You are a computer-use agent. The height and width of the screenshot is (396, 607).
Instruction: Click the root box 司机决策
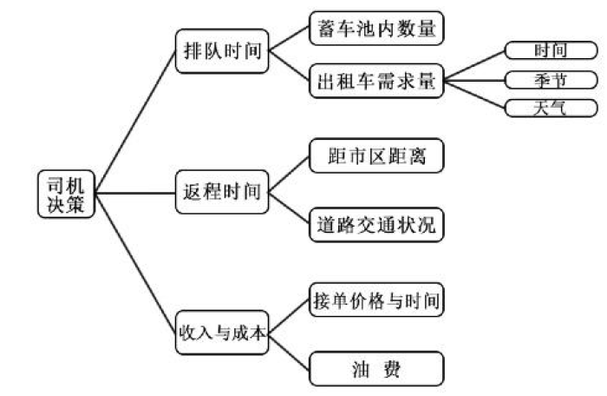pyautogui.click(x=66, y=194)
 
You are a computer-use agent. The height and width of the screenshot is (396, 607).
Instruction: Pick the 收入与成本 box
pyautogui.click(x=221, y=332)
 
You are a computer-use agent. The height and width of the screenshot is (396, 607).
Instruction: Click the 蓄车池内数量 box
pyautogui.click(x=377, y=29)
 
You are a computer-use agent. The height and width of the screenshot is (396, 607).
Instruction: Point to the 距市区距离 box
pyautogui.click(x=377, y=157)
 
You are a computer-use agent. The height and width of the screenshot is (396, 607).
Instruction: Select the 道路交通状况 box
pyautogui.click(x=377, y=226)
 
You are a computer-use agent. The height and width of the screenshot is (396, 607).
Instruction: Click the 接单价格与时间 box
pyautogui.click(x=377, y=300)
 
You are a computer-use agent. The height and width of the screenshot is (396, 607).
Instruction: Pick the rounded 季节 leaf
pyautogui.click(x=551, y=80)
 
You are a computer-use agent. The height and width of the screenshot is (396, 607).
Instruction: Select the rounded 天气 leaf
pyautogui.click(x=551, y=109)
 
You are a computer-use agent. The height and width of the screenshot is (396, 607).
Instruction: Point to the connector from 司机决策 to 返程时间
pyautogui.click(x=134, y=192)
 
